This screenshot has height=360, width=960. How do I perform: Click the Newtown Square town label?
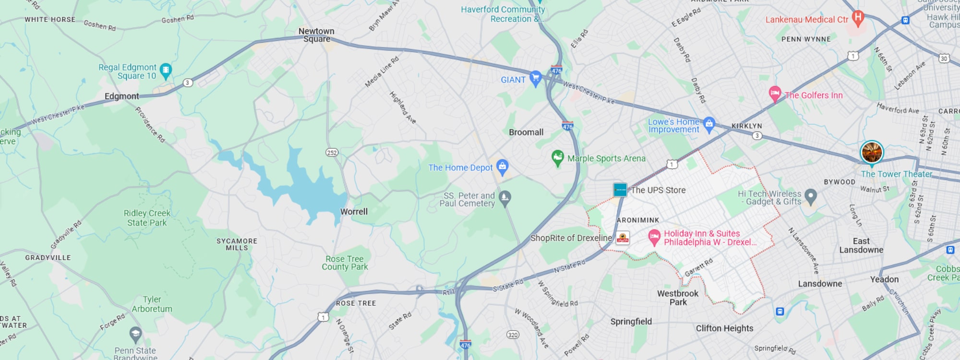[x=316, y=35]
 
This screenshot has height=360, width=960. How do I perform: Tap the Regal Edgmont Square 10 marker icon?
[x=166, y=71]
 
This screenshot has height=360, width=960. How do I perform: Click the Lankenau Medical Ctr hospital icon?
[x=858, y=18]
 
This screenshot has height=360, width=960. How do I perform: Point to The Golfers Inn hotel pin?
[x=775, y=94]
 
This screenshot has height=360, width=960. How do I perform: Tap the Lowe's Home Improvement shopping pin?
[x=709, y=124]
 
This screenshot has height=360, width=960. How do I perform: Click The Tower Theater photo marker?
[x=872, y=153]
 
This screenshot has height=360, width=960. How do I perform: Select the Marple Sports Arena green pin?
[x=557, y=157]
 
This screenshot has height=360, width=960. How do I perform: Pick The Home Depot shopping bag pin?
[x=502, y=167]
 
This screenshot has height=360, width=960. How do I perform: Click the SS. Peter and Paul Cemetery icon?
[x=504, y=197]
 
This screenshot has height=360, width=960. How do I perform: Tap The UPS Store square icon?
[x=620, y=190]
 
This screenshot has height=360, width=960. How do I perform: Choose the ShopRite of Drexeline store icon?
[x=623, y=238]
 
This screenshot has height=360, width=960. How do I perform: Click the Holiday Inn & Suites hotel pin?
[x=654, y=237]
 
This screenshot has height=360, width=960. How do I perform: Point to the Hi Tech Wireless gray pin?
[x=811, y=196]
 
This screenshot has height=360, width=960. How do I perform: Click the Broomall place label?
[x=526, y=132]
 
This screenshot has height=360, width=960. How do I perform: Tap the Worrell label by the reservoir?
[x=354, y=212]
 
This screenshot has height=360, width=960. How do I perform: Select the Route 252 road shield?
[x=332, y=153]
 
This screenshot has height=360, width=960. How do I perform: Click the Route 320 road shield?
[x=513, y=335]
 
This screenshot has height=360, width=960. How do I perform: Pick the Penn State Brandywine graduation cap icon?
[x=135, y=334]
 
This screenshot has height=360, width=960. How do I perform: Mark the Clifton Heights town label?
[x=724, y=328]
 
